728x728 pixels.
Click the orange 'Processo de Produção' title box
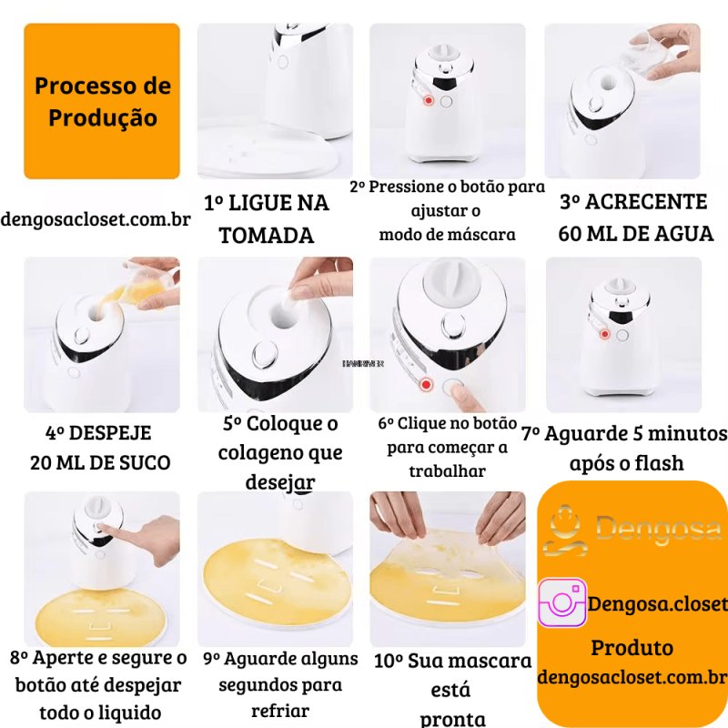point(102,101)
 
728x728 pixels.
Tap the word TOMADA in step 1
point(267,235)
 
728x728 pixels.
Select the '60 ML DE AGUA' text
point(635,233)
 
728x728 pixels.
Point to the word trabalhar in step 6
point(447,470)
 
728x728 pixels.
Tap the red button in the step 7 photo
point(605,335)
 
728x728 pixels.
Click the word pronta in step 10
point(453,719)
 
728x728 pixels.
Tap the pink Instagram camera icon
point(561,602)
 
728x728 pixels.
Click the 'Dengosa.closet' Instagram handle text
point(658,603)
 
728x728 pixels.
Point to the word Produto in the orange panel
point(632,647)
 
